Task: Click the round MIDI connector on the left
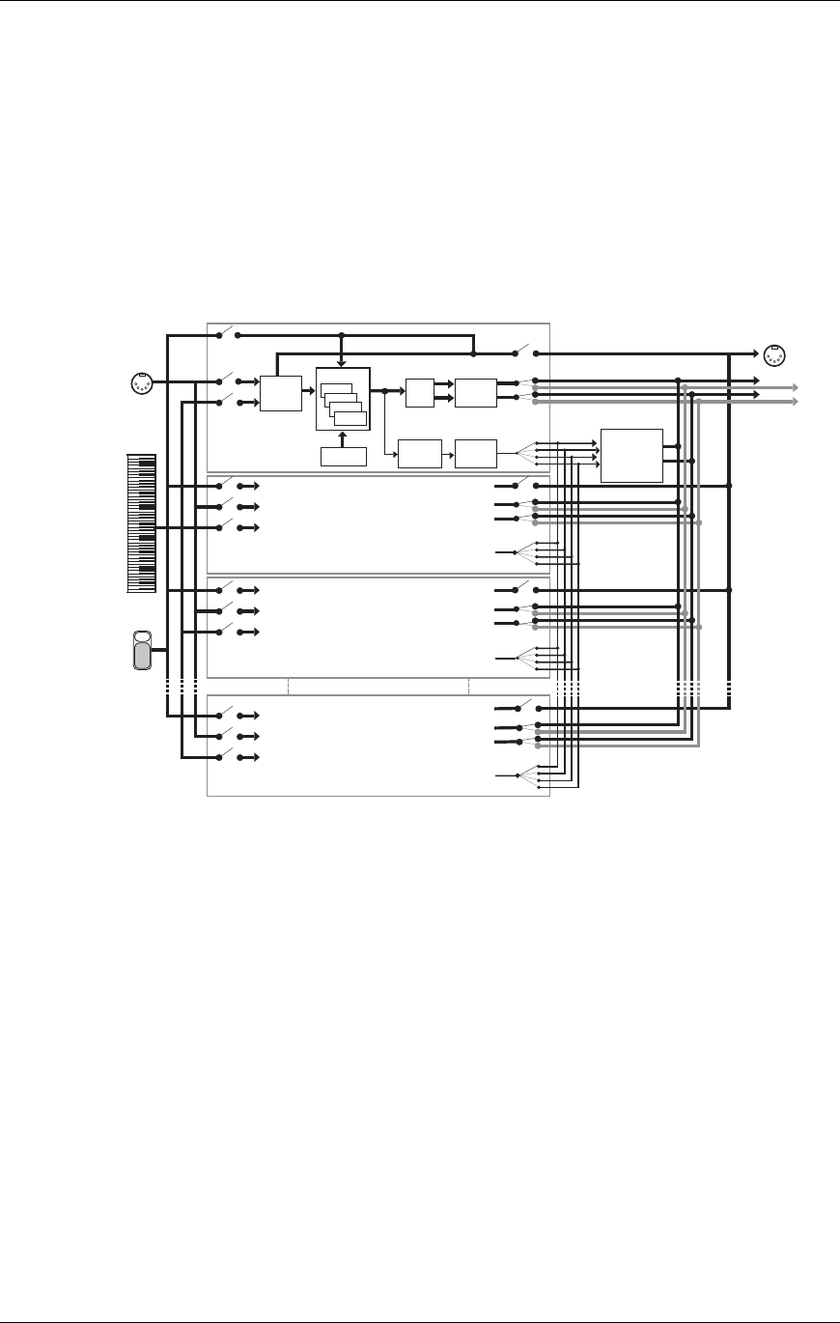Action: (x=141, y=382)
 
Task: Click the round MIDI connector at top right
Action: (x=772, y=354)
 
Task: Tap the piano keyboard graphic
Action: (x=141, y=524)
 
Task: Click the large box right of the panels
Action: (x=631, y=454)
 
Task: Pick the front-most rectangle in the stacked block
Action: (x=350, y=418)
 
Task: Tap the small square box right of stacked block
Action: (x=420, y=394)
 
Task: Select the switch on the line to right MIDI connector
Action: (x=522, y=350)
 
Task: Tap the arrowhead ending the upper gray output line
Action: (x=794, y=386)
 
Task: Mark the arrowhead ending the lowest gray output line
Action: (x=794, y=401)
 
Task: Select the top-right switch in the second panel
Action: (x=522, y=483)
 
